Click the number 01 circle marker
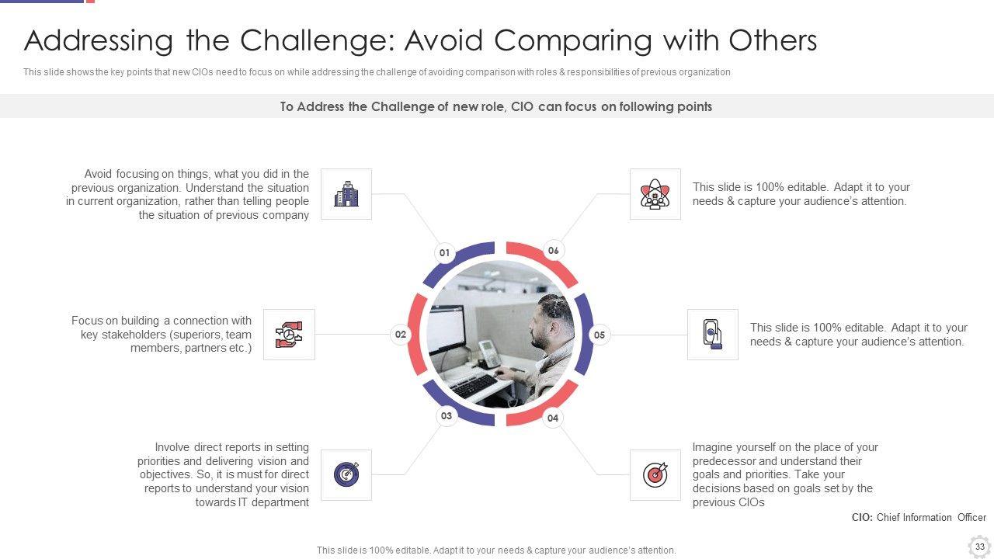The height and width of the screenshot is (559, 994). click(445, 253)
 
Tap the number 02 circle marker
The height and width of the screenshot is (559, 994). click(400, 335)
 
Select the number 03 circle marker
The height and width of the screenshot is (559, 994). click(447, 415)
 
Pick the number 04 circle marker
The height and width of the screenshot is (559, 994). click(552, 418)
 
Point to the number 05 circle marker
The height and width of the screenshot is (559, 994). click(599, 335)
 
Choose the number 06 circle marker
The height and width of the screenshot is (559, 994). click(553, 251)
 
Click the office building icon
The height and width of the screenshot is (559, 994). click(346, 194)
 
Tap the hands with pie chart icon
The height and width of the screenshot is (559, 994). click(289, 335)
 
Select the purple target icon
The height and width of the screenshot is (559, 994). click(346, 474)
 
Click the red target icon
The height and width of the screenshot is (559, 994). click(655, 474)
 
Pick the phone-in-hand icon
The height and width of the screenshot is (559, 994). click(713, 334)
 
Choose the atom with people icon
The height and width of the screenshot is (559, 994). click(655, 194)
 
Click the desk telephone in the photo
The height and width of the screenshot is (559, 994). click(489, 353)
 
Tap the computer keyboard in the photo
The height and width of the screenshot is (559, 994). click(474, 386)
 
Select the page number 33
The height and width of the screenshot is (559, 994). click(980, 547)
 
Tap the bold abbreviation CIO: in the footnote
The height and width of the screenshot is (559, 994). click(862, 517)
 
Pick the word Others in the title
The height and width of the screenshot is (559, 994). click(773, 40)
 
